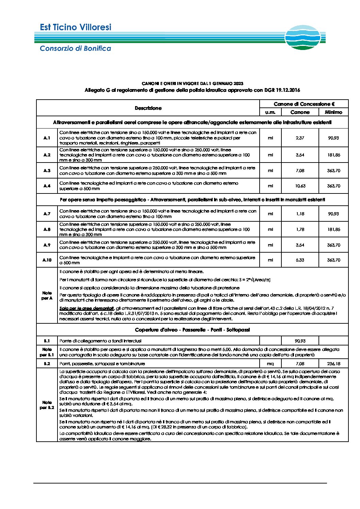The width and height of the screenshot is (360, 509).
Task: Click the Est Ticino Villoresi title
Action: [x=76, y=27]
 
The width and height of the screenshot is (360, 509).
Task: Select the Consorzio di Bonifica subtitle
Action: [x=75, y=48]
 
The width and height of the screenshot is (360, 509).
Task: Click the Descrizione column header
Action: [x=148, y=108]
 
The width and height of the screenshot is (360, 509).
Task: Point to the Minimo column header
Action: [x=333, y=112]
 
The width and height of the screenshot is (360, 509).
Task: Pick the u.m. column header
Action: [x=270, y=112]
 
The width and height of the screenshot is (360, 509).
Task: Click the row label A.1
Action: [x=47, y=138]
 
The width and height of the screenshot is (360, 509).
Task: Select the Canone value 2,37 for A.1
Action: [x=300, y=138]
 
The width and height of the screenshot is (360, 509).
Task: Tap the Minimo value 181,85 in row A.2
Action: [x=333, y=155]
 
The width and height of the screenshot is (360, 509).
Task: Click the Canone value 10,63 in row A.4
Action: [x=300, y=186]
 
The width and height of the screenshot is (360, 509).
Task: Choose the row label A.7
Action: [x=47, y=214]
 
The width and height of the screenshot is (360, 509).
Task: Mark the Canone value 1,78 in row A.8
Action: [x=300, y=230]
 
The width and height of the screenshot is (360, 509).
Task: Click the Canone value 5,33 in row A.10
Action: [x=300, y=260]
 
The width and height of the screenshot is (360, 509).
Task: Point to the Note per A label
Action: [x=47, y=295]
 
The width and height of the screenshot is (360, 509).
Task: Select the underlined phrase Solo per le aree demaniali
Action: [x=86, y=308]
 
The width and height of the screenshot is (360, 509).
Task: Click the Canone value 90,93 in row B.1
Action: [x=300, y=341]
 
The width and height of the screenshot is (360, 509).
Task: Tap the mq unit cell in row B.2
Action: [x=270, y=364]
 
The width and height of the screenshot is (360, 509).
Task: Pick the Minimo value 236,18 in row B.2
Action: [x=333, y=364]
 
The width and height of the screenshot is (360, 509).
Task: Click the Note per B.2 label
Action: [x=47, y=405]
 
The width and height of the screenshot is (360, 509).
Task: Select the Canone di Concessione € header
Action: [x=304, y=104]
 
